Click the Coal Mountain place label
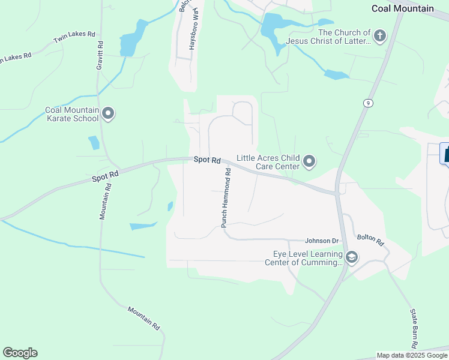(x=403, y=8)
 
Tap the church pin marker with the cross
(x=379, y=36)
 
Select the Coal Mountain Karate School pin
(x=108, y=113)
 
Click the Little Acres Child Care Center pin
(x=309, y=161)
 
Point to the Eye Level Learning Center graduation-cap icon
(x=352, y=257)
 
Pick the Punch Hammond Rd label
(x=226, y=197)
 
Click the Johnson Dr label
(x=322, y=241)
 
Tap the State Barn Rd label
(x=413, y=329)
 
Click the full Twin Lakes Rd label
(x=74, y=38)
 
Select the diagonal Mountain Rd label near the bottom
(x=144, y=317)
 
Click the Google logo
(x=20, y=353)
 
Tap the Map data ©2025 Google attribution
(x=412, y=355)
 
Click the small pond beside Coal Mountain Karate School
(x=94, y=143)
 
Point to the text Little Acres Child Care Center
(x=268, y=162)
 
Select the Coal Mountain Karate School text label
(x=72, y=114)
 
